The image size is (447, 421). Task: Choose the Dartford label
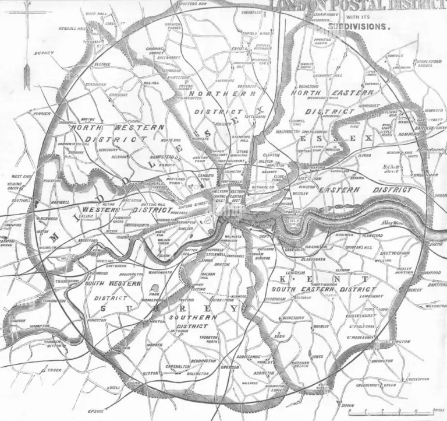point(437,285)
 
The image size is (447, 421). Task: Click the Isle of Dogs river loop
point(292,220)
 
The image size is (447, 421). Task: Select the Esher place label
point(55,369)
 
